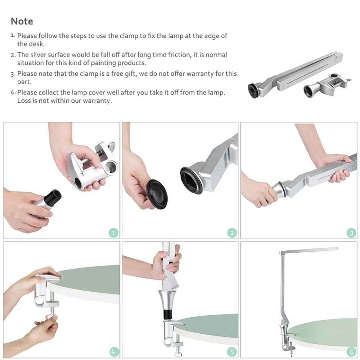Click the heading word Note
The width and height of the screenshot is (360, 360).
[x=22, y=21]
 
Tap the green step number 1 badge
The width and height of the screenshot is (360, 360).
[x=113, y=233]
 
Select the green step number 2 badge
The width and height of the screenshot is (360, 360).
[x=232, y=233]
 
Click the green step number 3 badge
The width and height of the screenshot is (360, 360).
[x=351, y=233]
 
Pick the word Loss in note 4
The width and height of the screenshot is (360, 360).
[x=24, y=100]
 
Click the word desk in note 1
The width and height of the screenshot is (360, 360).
[x=37, y=44]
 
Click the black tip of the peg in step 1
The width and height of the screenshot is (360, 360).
[x=53, y=197]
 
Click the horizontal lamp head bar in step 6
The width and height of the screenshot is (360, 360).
[x=309, y=251]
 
